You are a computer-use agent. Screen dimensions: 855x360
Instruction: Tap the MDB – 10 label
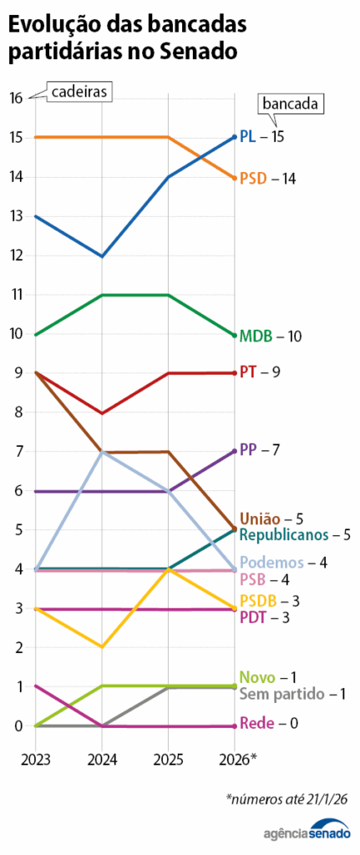(x=270, y=336)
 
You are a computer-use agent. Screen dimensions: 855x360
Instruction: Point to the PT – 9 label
(x=259, y=372)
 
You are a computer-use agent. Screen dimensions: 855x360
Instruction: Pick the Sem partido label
(x=280, y=693)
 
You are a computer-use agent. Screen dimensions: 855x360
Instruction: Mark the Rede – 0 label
(x=268, y=723)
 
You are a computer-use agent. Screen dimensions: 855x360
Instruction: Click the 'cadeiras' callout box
(x=79, y=92)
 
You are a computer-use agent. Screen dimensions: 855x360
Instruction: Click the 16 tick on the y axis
(x=16, y=98)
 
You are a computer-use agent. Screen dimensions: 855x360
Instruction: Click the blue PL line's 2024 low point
(x=102, y=255)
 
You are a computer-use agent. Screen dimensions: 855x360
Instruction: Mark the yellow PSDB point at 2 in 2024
(x=102, y=646)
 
